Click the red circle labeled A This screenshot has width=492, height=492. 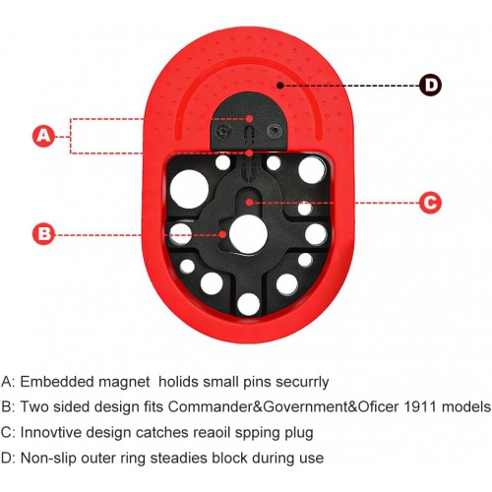43,136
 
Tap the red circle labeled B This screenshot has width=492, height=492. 43,234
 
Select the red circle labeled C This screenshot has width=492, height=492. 430,203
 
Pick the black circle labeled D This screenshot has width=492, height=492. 430,85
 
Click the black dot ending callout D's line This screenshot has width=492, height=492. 279,86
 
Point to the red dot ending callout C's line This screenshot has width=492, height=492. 249,202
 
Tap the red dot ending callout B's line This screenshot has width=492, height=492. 222,234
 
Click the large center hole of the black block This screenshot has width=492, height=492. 248,234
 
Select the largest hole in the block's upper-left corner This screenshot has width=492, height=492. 189,189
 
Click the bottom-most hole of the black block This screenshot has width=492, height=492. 248,304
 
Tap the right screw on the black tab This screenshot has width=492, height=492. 275,131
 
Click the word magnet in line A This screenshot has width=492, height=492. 124,382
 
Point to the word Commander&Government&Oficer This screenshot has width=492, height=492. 283,407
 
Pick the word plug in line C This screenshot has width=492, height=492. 299,433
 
